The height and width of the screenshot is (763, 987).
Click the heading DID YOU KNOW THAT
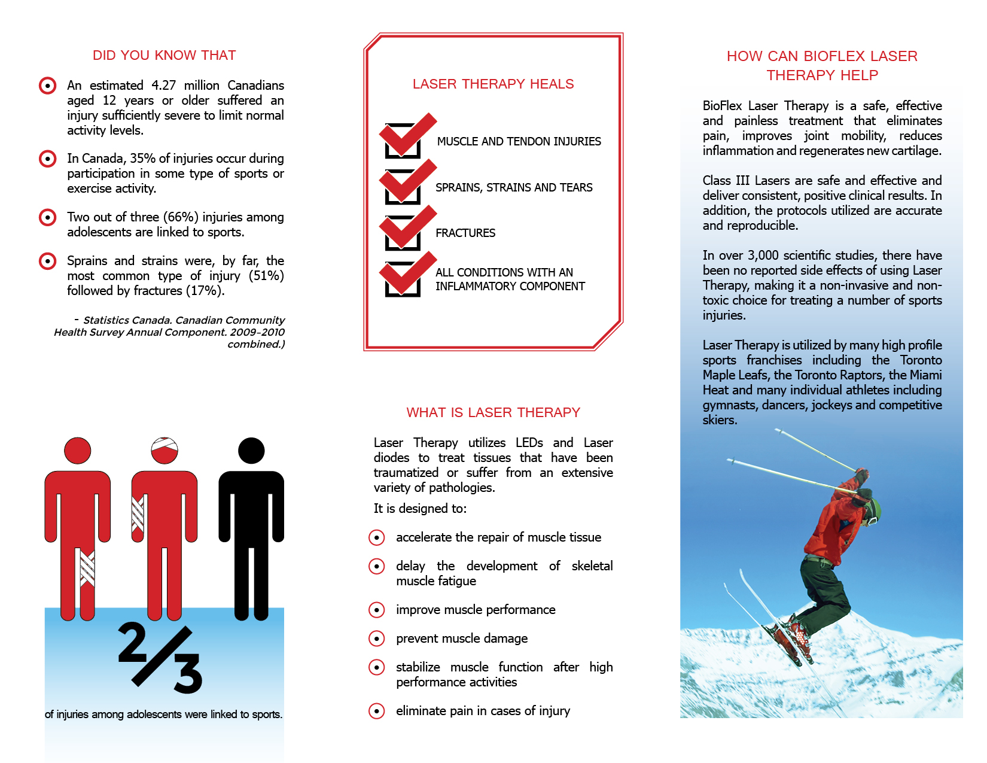click(164, 55)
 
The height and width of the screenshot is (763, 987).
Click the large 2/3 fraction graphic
click(160, 657)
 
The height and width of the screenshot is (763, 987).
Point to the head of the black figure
click(251, 451)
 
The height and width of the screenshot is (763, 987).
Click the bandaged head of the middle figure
click(164, 451)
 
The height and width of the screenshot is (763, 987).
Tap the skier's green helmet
click(874, 509)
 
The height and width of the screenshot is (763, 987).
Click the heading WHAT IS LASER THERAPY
click(493, 412)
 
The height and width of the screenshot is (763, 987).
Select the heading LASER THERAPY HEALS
click(493, 84)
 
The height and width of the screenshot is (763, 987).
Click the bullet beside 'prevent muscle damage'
click(376, 639)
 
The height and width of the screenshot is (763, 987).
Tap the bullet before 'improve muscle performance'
click(376, 610)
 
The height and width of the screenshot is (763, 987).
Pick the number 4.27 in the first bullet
click(163, 86)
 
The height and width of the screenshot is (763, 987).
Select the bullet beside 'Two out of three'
click(47, 217)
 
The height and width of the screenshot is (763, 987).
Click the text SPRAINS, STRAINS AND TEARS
click(514, 187)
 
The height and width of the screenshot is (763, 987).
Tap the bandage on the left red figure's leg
click(87, 567)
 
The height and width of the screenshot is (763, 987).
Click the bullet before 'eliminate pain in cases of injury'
click(376, 711)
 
